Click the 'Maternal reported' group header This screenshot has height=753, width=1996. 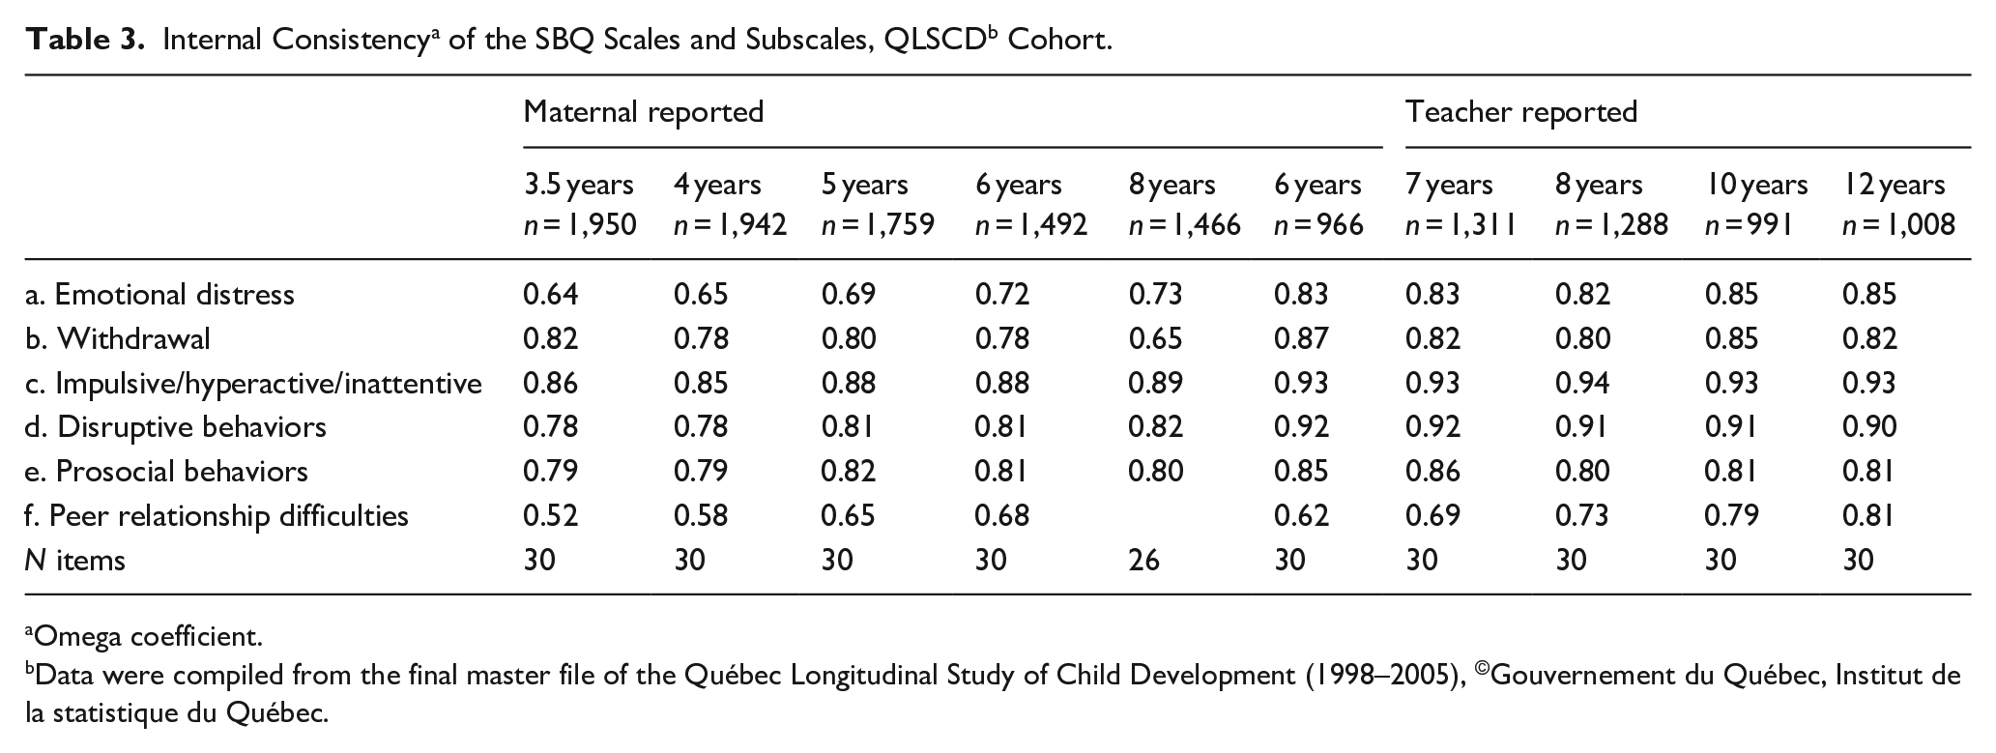pyautogui.click(x=643, y=112)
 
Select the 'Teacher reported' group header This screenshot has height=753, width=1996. pyautogui.click(x=1521, y=112)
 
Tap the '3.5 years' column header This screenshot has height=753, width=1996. pyautogui.click(x=578, y=185)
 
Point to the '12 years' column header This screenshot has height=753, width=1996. pyautogui.click(x=1894, y=185)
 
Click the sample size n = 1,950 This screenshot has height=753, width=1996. pyautogui.click(x=580, y=225)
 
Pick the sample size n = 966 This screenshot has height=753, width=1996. pyautogui.click(x=1318, y=225)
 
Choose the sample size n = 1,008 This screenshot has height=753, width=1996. pyautogui.click(x=1898, y=225)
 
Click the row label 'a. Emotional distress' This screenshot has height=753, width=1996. pyautogui.click(x=159, y=294)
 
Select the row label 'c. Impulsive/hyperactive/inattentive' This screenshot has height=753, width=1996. pyautogui.click(x=253, y=384)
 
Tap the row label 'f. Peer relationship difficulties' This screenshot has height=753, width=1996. pyautogui.click(x=217, y=516)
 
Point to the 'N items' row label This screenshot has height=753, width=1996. pyautogui.click(x=74, y=560)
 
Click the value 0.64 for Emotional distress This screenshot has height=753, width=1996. pyautogui.click(x=550, y=294)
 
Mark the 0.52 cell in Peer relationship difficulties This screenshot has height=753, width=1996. pyautogui.click(x=550, y=515)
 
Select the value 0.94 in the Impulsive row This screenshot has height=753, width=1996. pyautogui.click(x=1582, y=383)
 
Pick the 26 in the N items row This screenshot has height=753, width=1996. pyautogui.click(x=1143, y=560)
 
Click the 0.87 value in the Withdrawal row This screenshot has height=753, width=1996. pyautogui.click(x=1301, y=338)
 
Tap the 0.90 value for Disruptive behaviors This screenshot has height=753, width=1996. pyautogui.click(x=1869, y=426)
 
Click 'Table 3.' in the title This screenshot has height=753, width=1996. pyautogui.click(x=87, y=41)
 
